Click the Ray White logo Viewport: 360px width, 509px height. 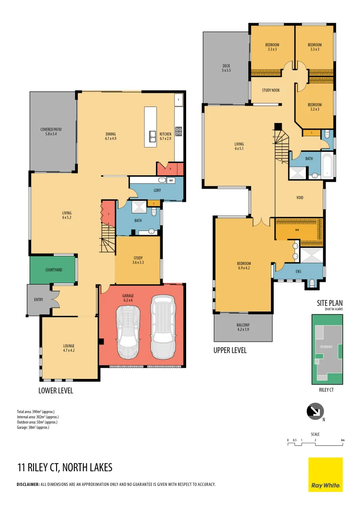(326, 474)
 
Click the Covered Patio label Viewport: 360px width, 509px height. (53, 131)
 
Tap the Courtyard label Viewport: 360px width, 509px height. (52, 270)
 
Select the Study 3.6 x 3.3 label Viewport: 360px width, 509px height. (138, 260)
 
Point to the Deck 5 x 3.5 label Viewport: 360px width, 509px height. (226, 68)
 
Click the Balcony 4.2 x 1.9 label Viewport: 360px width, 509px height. (243, 327)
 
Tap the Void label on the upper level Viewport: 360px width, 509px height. (300, 197)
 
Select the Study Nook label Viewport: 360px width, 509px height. (271, 90)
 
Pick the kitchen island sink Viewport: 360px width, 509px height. (152, 136)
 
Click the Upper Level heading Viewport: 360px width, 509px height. (230, 351)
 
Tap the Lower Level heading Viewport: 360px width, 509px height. (56, 391)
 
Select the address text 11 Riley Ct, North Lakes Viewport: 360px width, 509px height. (65, 468)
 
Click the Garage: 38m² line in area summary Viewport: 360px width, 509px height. (33, 427)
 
